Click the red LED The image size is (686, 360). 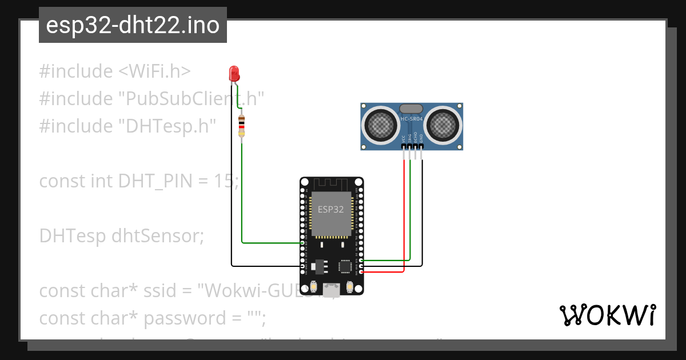[234, 74]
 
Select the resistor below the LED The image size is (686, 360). [242, 126]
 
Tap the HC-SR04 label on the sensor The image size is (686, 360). [412, 119]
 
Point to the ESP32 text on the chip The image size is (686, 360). [331, 209]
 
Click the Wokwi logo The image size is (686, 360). [607, 315]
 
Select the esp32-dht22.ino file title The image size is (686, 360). [133, 26]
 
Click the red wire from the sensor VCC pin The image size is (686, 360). [404, 217]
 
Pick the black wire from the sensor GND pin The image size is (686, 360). [422, 217]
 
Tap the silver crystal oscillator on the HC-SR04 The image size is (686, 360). [411, 108]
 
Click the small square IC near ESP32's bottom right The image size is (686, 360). [345, 266]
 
